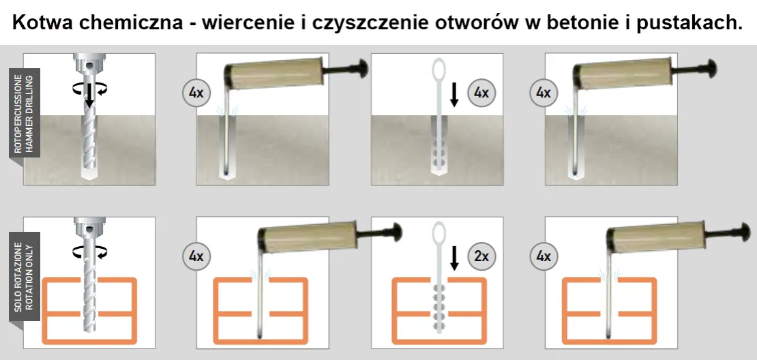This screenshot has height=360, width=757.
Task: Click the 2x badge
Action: click(x=481, y=256)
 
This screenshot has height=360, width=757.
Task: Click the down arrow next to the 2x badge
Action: click(x=455, y=258)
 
